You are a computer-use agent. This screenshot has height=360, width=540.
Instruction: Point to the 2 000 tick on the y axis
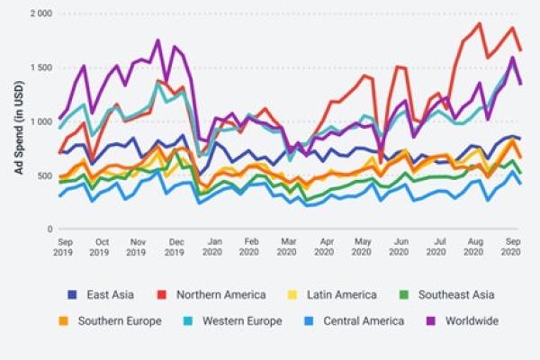click(39, 14)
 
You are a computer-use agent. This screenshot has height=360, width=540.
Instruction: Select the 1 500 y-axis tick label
click(39, 68)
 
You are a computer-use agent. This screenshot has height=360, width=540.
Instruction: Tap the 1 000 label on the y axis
click(39, 121)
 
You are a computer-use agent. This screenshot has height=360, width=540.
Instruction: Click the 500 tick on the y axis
click(43, 175)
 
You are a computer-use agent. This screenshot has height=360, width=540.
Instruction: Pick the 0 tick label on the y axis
click(49, 229)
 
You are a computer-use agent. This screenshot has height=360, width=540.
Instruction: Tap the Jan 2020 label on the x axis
click(214, 248)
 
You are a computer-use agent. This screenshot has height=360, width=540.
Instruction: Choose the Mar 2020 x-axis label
click(288, 248)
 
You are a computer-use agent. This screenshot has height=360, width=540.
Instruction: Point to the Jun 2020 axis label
click(401, 248)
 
